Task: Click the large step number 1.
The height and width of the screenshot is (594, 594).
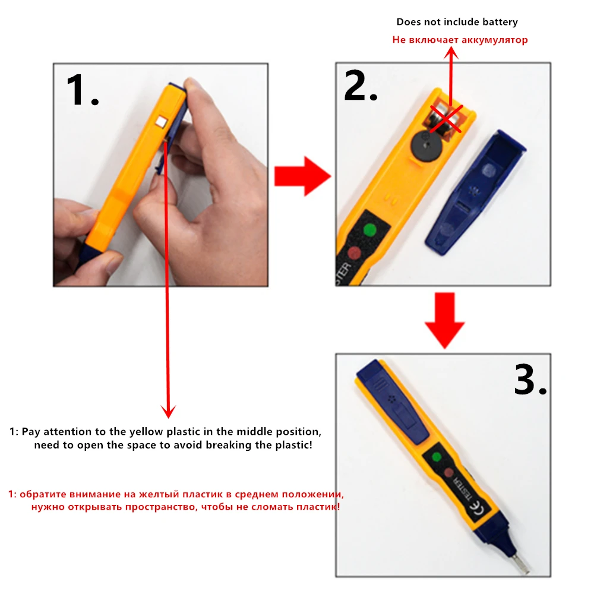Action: coord(82,90)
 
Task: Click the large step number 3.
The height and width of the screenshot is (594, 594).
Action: coord(530,380)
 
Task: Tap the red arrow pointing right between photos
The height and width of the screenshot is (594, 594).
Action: coord(303,176)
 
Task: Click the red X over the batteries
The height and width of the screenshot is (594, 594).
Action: coord(446,119)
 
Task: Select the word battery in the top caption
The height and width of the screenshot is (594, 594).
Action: coord(500,22)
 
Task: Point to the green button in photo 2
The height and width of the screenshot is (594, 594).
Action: coord(369,229)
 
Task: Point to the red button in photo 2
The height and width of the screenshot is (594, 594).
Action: coord(355,252)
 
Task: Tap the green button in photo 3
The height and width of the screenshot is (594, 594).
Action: coord(437,457)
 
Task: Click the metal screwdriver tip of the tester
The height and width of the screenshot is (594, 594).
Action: coord(522,564)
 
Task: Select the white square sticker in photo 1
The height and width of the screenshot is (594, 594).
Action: coord(162,122)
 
